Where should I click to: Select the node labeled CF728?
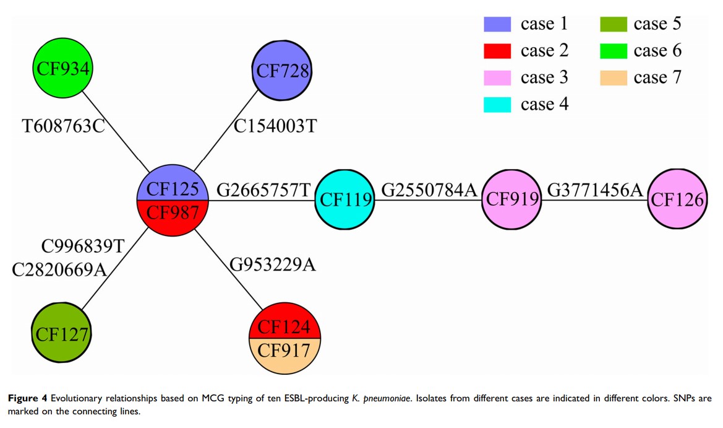(x=283, y=71)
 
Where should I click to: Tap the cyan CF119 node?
(x=344, y=199)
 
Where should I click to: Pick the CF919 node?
(x=511, y=199)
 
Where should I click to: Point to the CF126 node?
(x=677, y=199)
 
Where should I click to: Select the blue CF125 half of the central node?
(x=173, y=187)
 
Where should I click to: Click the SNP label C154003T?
(x=275, y=126)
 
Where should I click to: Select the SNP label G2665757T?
(x=262, y=190)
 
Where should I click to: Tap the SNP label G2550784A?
(x=429, y=190)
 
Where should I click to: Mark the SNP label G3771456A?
(x=595, y=190)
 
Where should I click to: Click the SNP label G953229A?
(x=273, y=265)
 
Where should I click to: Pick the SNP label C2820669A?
(x=59, y=270)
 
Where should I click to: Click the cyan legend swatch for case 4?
(x=497, y=105)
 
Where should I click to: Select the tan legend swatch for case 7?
(x=613, y=78)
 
